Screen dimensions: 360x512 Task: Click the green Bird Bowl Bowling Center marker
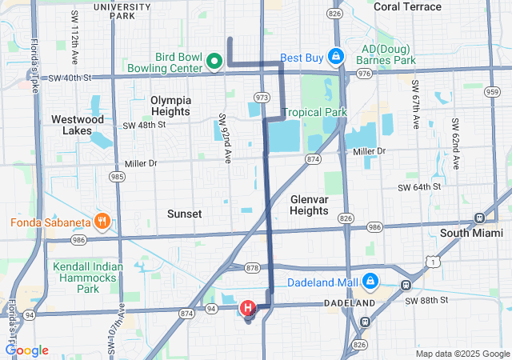(x=214, y=61)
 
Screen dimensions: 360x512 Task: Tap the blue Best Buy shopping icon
(x=336, y=57)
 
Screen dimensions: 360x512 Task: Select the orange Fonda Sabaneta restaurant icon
(x=102, y=220)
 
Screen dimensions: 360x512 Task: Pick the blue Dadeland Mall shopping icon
(x=370, y=282)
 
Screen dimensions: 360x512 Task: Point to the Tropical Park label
(x=314, y=112)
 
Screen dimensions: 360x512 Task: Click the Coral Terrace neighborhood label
(x=407, y=6)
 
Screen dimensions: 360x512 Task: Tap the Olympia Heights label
(x=171, y=106)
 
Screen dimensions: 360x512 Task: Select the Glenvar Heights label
(x=309, y=205)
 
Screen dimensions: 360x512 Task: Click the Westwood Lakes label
(x=78, y=125)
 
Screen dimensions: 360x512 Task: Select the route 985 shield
(x=117, y=176)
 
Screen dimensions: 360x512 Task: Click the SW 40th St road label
(x=70, y=78)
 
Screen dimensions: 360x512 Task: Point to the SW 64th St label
(x=419, y=187)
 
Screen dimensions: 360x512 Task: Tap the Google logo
(x=26, y=350)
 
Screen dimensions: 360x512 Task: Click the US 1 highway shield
(x=433, y=261)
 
